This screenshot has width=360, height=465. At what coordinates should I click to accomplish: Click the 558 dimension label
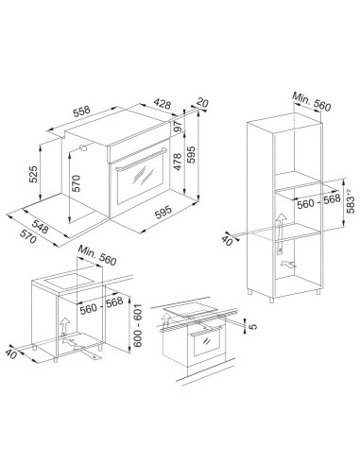[x=82, y=112]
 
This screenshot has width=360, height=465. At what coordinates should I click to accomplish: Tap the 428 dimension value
[x=163, y=104]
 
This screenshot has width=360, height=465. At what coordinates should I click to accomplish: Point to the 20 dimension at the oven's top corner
[x=202, y=103]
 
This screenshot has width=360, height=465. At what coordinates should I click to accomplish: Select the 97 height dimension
[x=178, y=127]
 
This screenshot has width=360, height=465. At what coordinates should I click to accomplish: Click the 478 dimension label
[x=178, y=162]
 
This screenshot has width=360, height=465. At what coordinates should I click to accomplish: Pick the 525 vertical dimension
[x=33, y=174]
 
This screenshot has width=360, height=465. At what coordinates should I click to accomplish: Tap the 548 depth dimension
[x=40, y=227]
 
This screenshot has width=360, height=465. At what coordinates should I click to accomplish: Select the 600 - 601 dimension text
[x=138, y=325]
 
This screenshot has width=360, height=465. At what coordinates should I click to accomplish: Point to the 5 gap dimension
[x=252, y=326]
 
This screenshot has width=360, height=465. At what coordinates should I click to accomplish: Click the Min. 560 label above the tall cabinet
[x=312, y=101]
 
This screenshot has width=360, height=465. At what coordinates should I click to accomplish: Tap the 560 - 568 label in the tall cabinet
[x=318, y=201]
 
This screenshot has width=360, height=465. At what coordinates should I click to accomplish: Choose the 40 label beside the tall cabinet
[x=227, y=240]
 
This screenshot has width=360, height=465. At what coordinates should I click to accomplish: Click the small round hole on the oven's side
[x=83, y=148]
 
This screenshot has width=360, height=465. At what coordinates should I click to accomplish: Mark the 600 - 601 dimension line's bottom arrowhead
[x=129, y=351]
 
